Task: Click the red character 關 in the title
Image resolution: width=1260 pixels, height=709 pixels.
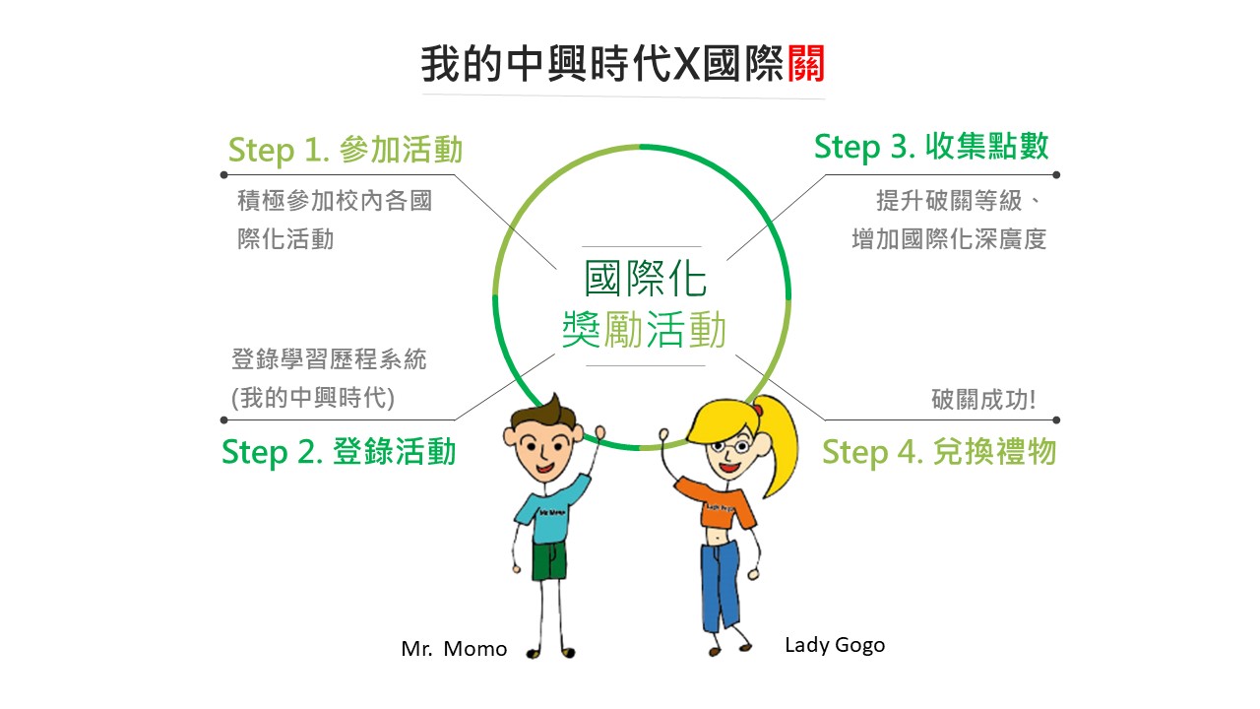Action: click(x=806, y=63)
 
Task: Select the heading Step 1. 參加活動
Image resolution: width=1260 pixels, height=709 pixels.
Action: click(x=346, y=151)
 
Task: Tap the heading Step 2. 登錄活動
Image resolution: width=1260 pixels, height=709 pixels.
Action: click(x=339, y=452)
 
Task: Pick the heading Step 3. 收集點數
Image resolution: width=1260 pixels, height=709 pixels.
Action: click(x=931, y=147)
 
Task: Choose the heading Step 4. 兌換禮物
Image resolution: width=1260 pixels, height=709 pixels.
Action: click(x=939, y=452)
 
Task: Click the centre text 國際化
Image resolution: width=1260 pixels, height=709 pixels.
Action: click(x=645, y=278)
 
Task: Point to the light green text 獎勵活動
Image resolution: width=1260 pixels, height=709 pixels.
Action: click(x=645, y=329)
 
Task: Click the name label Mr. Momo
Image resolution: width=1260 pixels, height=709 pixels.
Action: click(x=454, y=649)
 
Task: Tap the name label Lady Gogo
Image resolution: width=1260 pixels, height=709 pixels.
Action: click(x=835, y=645)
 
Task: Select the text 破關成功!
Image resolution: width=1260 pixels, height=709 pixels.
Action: click(x=983, y=400)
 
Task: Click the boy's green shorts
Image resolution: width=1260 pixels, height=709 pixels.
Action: click(x=549, y=560)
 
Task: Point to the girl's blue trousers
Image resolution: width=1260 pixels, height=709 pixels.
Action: click(x=720, y=585)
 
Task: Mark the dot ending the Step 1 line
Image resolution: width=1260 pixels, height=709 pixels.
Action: click(x=223, y=175)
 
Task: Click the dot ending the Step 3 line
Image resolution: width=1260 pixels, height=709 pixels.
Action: click(x=1056, y=175)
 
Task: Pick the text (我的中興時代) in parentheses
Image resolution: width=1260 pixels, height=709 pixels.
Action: click(x=313, y=398)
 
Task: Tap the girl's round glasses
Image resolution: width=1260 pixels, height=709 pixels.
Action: click(x=730, y=447)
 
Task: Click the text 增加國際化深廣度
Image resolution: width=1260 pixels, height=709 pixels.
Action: click(x=949, y=239)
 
